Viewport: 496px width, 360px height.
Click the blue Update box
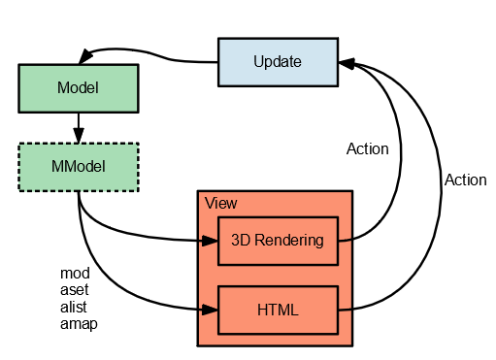pos(278,62)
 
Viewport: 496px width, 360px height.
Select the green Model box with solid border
pos(79,88)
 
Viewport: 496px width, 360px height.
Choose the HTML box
pos(278,311)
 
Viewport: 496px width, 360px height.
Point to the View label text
pos(220,204)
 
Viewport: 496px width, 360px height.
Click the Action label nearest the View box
pos(367,149)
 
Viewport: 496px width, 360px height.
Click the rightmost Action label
pos(465,180)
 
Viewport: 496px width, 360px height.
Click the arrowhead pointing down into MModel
pos(79,136)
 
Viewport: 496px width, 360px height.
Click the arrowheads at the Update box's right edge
pos(347,63)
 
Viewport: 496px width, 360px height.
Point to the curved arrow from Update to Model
pos(155,52)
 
